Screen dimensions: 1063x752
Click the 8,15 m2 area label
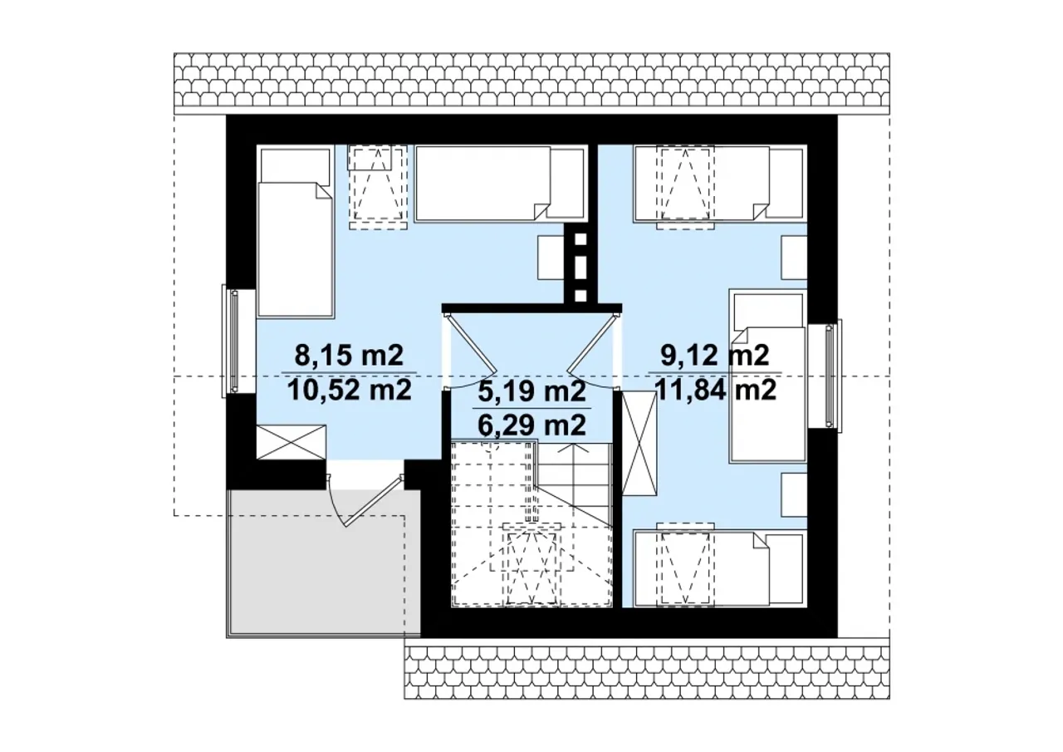349,355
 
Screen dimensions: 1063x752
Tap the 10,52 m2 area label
349,391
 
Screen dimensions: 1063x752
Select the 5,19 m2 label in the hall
531,391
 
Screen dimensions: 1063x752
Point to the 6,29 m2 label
531,425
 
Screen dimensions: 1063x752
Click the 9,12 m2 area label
715,355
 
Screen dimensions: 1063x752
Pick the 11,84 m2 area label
715,391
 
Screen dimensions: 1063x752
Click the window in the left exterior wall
233,342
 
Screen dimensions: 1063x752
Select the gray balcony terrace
323,563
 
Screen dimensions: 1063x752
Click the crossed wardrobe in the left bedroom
291,442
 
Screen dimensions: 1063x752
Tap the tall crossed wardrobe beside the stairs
639,444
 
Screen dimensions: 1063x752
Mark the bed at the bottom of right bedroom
720,568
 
